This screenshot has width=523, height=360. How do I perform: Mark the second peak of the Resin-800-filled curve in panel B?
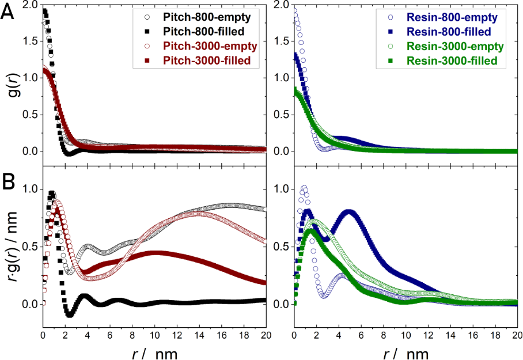click(x=349, y=212)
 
